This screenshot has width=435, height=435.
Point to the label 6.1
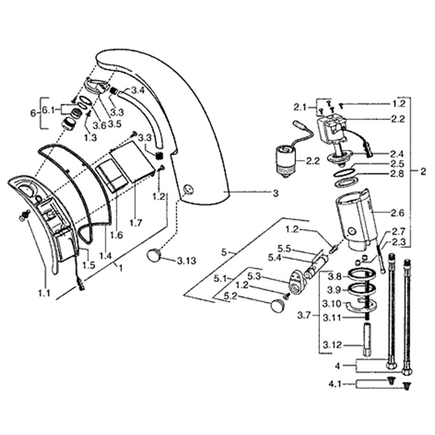tap(49, 110)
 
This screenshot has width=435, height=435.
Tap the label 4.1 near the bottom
tap(335, 384)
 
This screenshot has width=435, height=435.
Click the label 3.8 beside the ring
tap(334, 277)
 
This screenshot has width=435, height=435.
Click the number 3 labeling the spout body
tap(276, 194)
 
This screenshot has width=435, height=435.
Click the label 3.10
tap(333, 304)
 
